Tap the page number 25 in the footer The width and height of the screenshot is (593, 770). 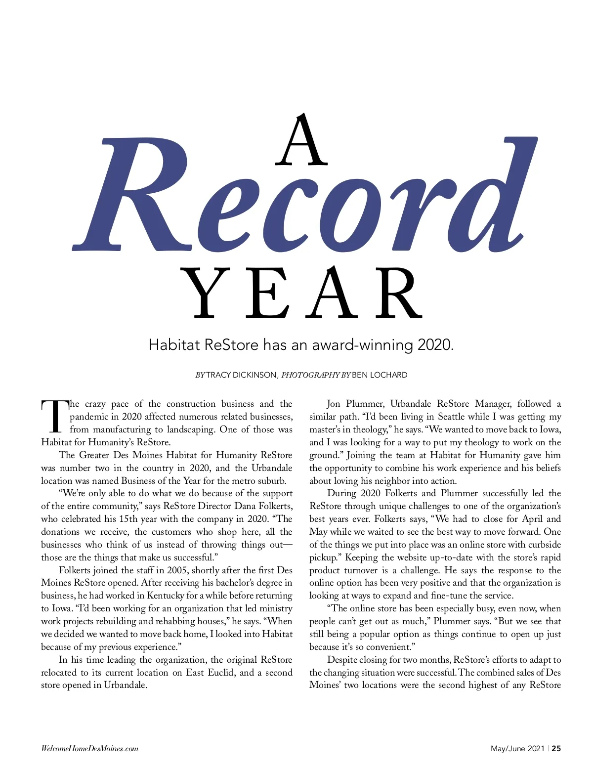(556, 748)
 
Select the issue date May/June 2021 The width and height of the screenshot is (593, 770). (517, 748)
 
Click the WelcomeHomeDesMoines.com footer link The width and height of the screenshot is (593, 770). (89, 748)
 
